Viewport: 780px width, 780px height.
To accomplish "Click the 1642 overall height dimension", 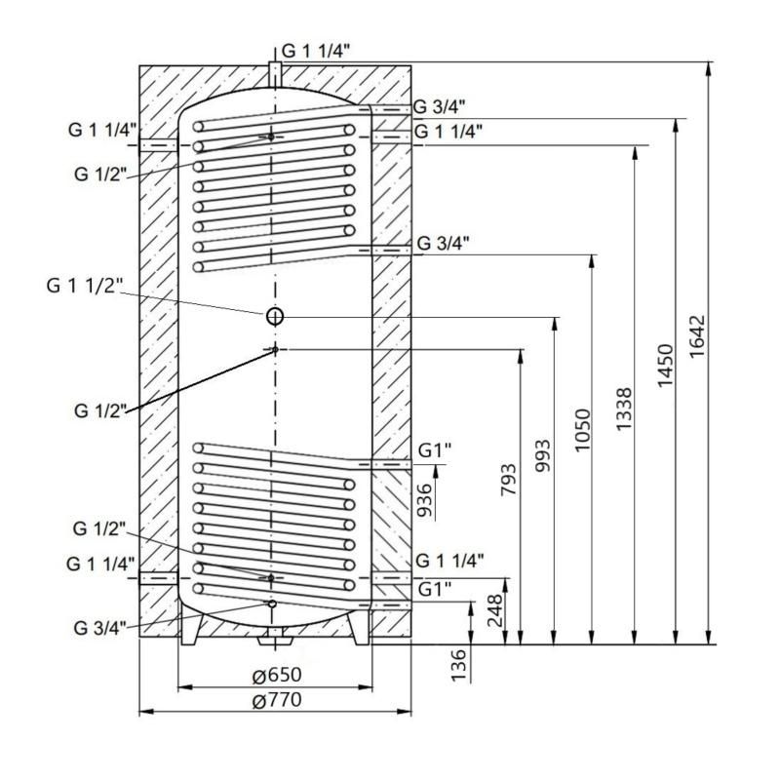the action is coord(697,335).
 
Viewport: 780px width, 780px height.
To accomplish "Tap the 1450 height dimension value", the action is coord(665,366).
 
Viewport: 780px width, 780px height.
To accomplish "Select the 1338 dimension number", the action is coord(623,409).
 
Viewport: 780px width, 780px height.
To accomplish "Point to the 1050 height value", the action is coord(582,430).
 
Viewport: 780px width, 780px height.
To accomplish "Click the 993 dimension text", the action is coord(542,455).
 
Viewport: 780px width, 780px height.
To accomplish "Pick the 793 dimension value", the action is coord(508,480).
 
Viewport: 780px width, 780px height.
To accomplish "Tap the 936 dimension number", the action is coord(424,500).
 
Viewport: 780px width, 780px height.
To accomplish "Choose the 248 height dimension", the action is coord(495,610).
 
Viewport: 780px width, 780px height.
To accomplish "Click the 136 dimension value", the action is coord(457,665).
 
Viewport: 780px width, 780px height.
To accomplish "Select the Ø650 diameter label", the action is coord(277,675).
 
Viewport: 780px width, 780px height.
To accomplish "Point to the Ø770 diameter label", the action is coord(277,700).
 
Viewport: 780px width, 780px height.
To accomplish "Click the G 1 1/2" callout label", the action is coord(84,286).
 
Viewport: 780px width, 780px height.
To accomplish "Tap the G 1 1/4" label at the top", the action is coord(316,51).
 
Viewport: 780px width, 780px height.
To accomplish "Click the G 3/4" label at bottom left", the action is coord(99,628).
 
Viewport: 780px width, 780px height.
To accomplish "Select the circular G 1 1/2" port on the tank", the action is coord(275,316).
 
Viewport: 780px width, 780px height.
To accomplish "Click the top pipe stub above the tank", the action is coord(275,75).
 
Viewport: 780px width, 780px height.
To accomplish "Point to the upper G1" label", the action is coord(434,450).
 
